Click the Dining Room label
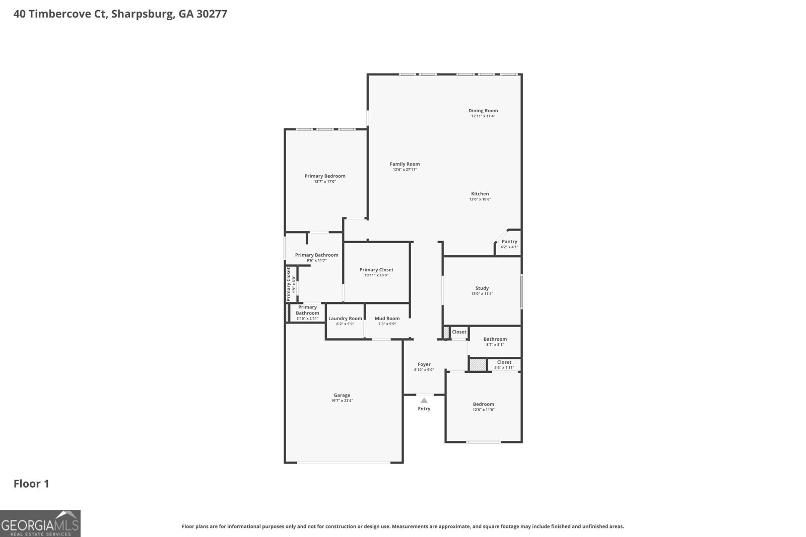click(x=483, y=111)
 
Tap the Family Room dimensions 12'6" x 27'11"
click(x=405, y=170)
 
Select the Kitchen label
click(x=480, y=194)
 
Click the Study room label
click(x=482, y=288)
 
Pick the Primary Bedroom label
click(x=324, y=176)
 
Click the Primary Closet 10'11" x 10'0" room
click(x=376, y=272)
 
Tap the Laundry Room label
click(x=345, y=319)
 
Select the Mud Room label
click(x=387, y=319)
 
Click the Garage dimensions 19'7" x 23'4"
click(x=342, y=401)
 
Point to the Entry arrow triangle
click(x=424, y=401)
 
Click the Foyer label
click(x=424, y=364)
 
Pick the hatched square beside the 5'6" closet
click(x=477, y=365)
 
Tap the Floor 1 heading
click(x=31, y=484)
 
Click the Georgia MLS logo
click(x=40, y=523)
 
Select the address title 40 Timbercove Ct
click(x=120, y=14)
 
